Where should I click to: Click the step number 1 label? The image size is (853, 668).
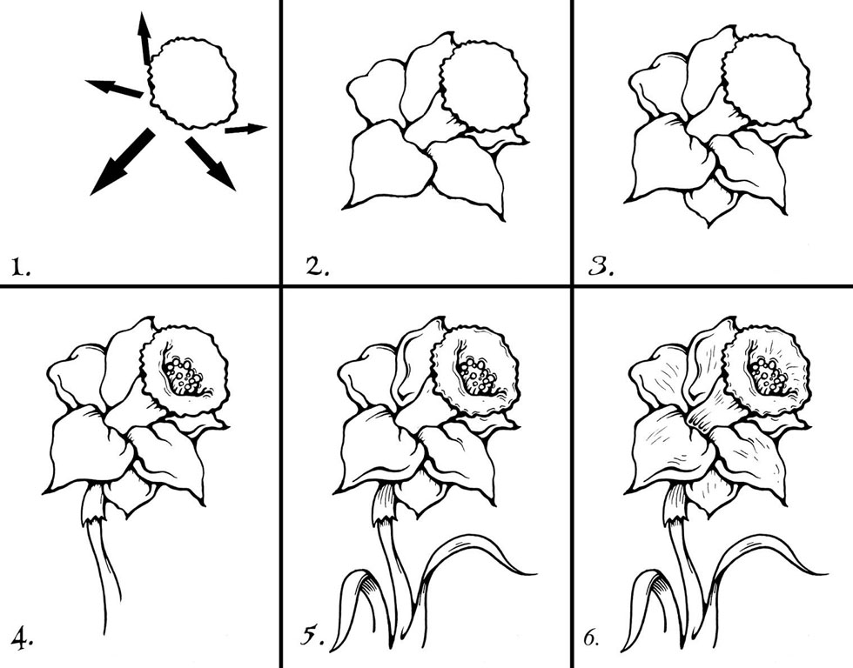pyautogui.click(x=21, y=267)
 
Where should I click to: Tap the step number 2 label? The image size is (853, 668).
pyautogui.click(x=318, y=267)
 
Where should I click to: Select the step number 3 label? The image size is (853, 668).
pyautogui.click(x=601, y=267)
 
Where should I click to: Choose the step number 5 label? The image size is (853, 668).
pyautogui.click(x=312, y=637)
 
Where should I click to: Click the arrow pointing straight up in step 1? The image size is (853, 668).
pyautogui.click(x=144, y=39)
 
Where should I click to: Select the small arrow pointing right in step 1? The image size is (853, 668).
pyautogui.click(x=245, y=129)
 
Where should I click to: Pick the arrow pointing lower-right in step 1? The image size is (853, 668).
pyautogui.click(x=211, y=164)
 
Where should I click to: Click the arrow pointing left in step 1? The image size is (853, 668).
pyautogui.click(x=114, y=88)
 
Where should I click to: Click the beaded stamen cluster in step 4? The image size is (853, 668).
pyautogui.click(x=184, y=376)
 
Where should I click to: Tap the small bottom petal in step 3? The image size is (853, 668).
pyautogui.click(x=709, y=205)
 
